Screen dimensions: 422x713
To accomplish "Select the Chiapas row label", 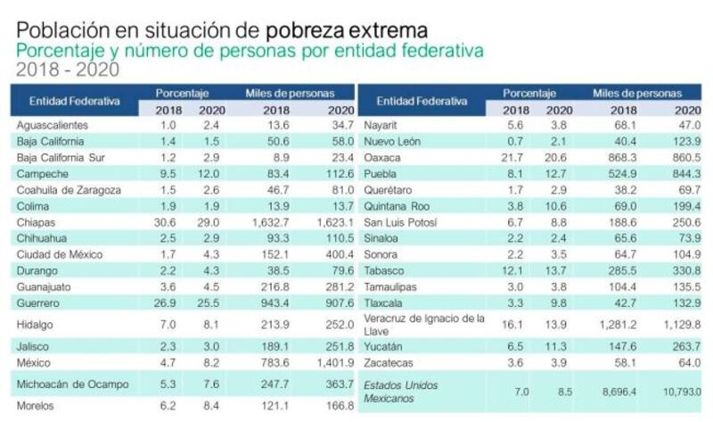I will tap(37, 222).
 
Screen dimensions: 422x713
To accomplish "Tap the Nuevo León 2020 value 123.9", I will tap(684, 141).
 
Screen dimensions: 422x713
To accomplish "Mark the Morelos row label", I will tap(37, 406).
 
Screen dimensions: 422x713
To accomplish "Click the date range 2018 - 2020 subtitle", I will tap(68, 70).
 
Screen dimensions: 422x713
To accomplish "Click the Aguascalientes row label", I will tap(52, 125).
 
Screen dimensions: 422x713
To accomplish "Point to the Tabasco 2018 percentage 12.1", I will tap(516, 270).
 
